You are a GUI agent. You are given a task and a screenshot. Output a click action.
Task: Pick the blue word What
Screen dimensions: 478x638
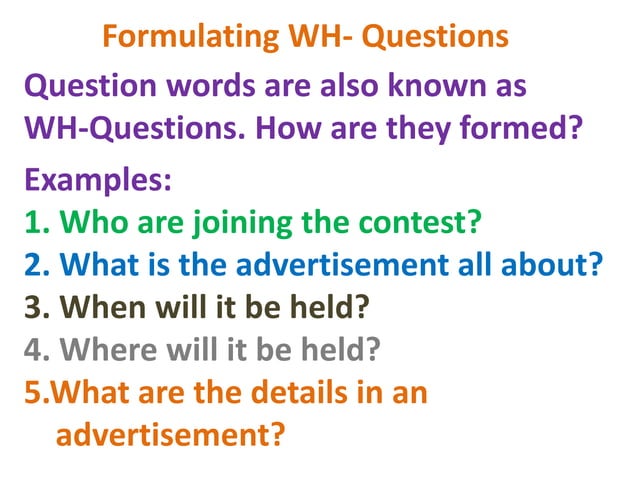[100, 265]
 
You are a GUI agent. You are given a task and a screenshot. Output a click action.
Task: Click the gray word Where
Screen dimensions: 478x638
[111, 351]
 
